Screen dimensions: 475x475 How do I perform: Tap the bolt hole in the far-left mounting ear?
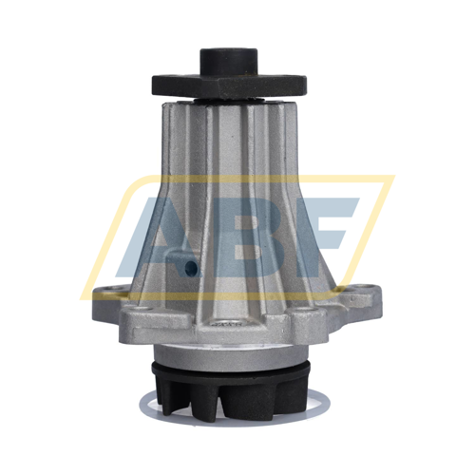(x=106, y=292)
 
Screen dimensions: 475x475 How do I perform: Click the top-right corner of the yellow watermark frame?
(x=390, y=178)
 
